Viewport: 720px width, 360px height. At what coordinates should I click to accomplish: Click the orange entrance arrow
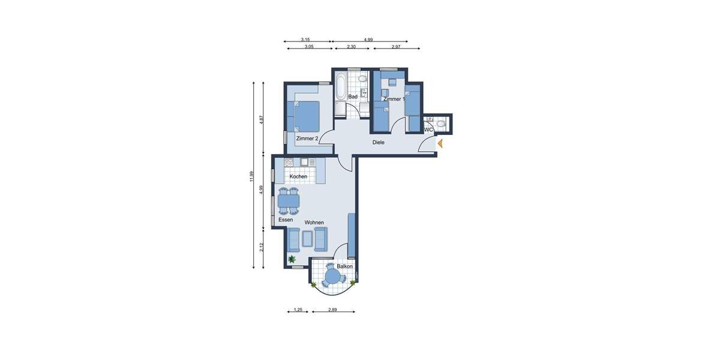[440, 143]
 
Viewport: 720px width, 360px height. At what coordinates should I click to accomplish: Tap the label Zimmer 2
[307, 139]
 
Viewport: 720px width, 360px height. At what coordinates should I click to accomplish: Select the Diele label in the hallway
[378, 142]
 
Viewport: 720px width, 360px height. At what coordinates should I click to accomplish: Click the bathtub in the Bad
[340, 87]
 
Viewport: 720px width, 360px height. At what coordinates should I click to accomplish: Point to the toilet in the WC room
[441, 124]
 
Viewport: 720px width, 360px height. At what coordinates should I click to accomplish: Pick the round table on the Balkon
[332, 277]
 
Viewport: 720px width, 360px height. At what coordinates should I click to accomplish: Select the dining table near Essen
[289, 201]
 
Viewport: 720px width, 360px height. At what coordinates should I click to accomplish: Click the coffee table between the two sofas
[307, 239]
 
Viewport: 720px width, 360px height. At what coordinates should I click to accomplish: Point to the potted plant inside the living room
[292, 259]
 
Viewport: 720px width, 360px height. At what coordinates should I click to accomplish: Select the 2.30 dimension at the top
[351, 46]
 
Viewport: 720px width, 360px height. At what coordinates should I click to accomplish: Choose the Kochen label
[298, 176]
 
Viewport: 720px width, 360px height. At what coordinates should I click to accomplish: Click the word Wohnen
[314, 223]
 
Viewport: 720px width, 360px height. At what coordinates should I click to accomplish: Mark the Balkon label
[344, 266]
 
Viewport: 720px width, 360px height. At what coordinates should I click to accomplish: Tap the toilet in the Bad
[362, 79]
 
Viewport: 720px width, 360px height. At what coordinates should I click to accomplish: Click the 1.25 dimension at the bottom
[298, 310]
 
